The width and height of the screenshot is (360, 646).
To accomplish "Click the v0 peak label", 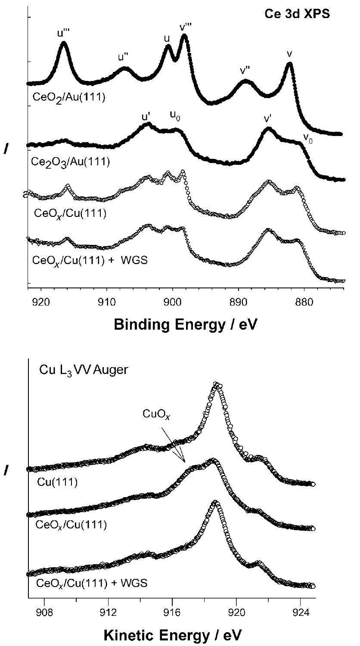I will (x=308, y=138).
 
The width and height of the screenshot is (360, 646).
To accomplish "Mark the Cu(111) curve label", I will (x=57, y=482).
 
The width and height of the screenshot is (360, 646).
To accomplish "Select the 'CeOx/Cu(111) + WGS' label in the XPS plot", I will (x=90, y=260).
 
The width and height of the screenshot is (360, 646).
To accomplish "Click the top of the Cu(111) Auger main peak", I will (x=217, y=383).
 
